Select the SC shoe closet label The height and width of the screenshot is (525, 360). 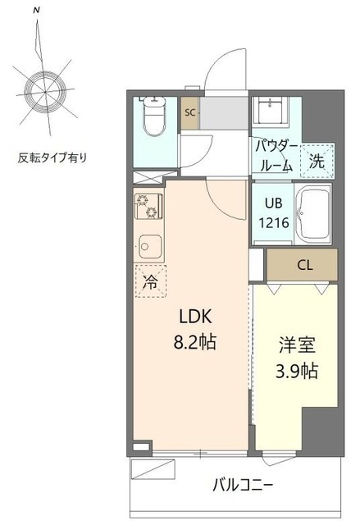tap(189, 113)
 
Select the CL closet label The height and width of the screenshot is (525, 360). tap(304, 265)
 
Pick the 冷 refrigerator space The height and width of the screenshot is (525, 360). tap(151, 282)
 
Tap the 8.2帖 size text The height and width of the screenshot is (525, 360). tap(193, 342)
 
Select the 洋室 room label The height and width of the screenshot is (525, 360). tap(294, 345)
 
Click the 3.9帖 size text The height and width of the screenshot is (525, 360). tap(294, 370)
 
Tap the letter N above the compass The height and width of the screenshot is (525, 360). tap(35, 10)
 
